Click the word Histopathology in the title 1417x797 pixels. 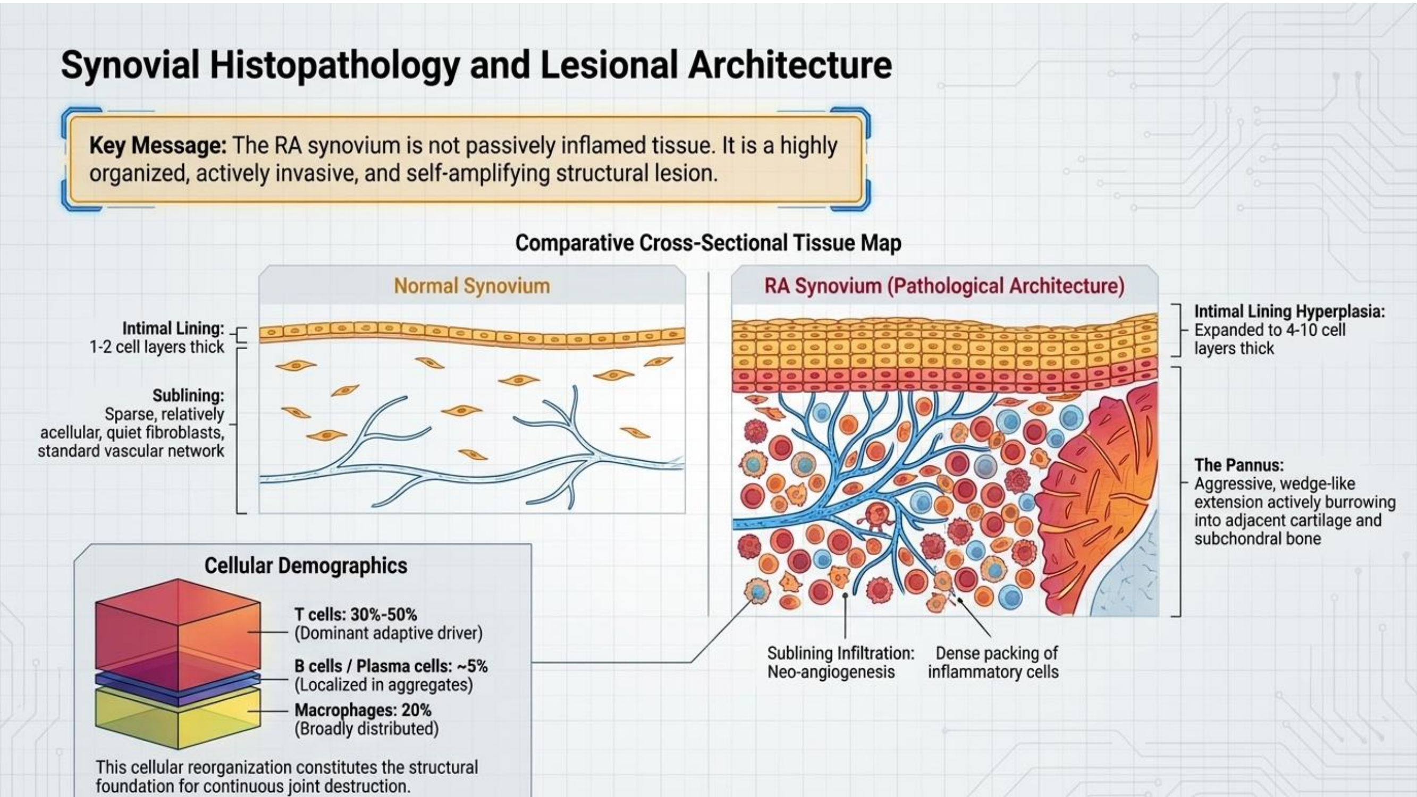(334, 65)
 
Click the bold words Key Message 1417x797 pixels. (158, 146)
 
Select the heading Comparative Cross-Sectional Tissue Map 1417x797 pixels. (708, 243)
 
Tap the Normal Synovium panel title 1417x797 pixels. (472, 286)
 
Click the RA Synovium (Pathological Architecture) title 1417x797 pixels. (944, 286)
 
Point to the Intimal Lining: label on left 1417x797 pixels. (173, 328)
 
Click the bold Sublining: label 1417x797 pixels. (188, 395)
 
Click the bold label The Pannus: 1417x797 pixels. (1239, 465)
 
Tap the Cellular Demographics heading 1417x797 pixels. (306, 565)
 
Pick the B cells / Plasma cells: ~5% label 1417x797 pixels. (391, 666)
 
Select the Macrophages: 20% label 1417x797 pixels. (363, 710)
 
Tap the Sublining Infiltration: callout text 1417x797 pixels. (840, 654)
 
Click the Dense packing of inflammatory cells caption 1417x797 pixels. (993, 662)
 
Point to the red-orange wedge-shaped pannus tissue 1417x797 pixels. (1095, 495)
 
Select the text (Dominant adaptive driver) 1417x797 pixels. (389, 633)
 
